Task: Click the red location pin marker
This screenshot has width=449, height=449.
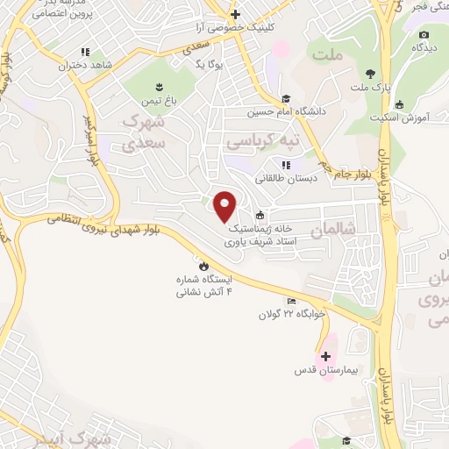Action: [226, 206]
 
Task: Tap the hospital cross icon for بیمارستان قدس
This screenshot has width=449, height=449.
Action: [326, 356]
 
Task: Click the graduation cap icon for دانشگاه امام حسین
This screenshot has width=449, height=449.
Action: [286, 98]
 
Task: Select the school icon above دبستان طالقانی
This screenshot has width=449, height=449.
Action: [286, 164]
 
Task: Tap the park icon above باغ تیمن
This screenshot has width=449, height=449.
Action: [159, 86]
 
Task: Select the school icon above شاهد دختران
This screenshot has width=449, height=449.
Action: [85, 52]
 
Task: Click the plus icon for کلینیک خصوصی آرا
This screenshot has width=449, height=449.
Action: [235, 14]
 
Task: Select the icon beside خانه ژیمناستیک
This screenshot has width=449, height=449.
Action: [259, 216]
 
